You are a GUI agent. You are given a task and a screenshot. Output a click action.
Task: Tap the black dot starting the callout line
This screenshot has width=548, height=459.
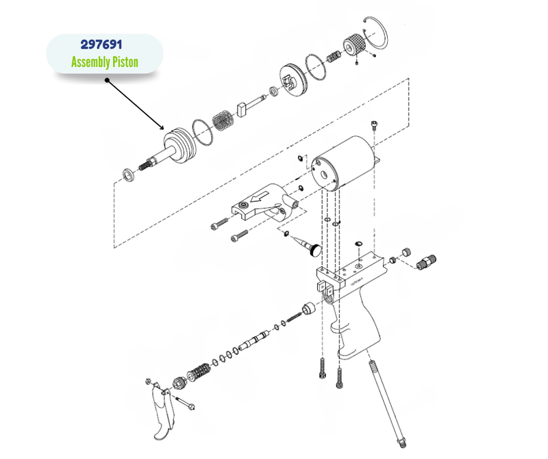(x=107, y=80)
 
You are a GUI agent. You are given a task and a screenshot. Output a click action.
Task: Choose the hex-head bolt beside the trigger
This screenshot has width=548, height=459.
(x=186, y=404)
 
